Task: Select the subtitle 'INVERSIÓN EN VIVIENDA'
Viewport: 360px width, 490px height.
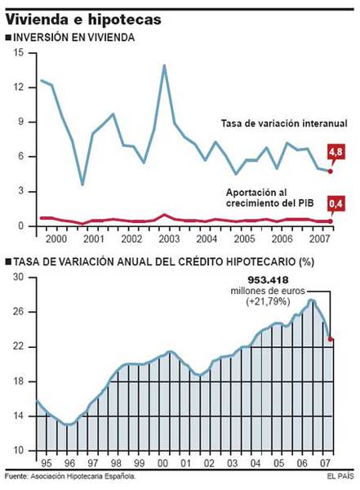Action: [74, 38]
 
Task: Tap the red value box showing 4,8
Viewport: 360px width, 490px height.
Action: [335, 152]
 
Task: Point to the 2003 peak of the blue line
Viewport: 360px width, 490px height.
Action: [165, 65]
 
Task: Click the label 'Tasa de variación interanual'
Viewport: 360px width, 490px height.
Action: [284, 123]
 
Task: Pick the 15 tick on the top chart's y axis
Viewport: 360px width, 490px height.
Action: [18, 53]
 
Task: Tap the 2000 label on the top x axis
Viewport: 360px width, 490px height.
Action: [56, 242]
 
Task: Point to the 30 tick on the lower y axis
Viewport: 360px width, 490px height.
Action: [18, 278]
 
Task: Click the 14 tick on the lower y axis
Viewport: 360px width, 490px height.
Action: [18, 416]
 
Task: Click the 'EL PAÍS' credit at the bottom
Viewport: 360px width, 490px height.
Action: [340, 475]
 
